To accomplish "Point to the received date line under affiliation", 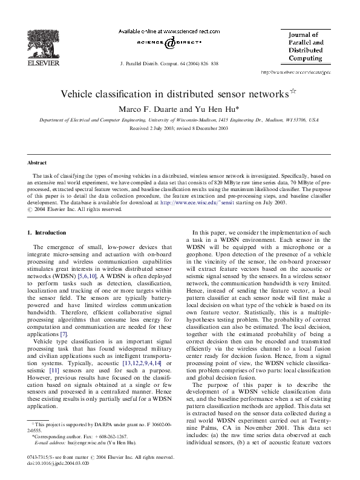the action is pyautogui.click(x=180, y=129).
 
